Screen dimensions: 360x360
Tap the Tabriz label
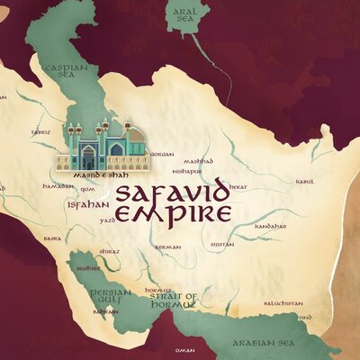[x=40, y=131]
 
